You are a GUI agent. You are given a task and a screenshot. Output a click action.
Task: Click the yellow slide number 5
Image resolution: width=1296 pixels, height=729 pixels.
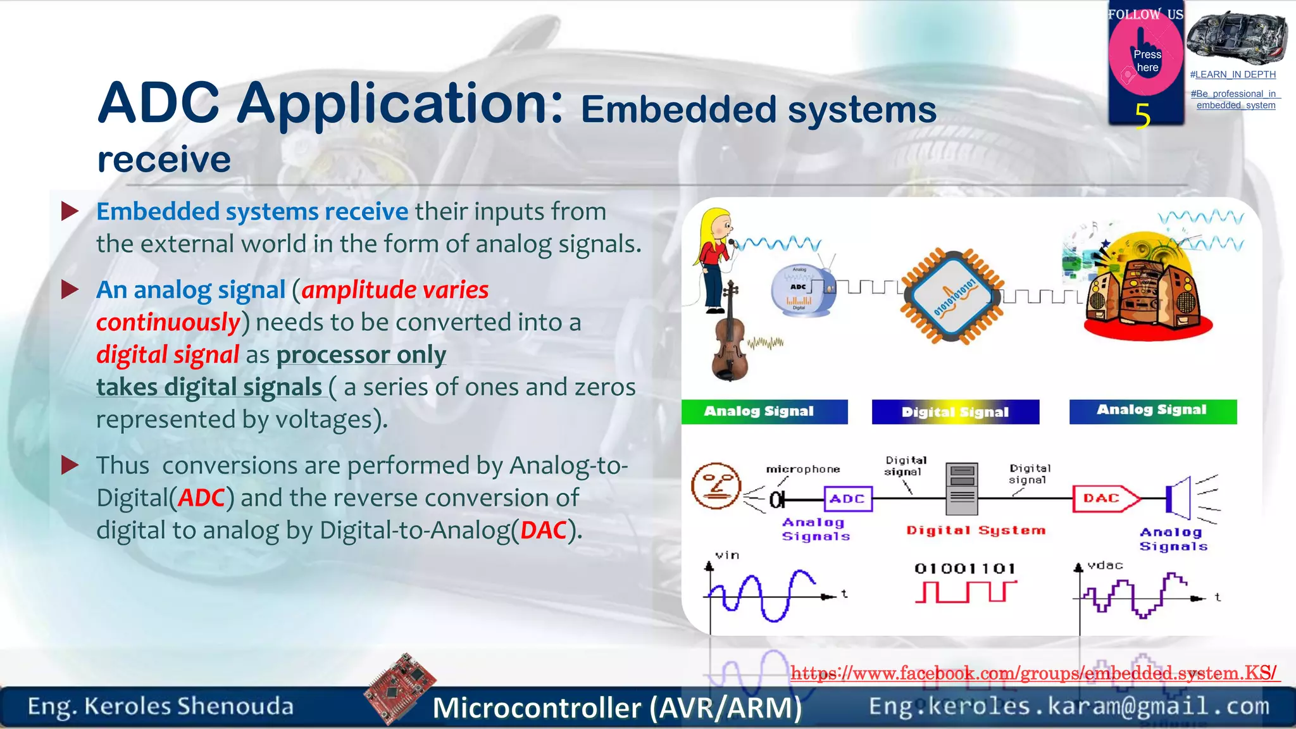(x=1142, y=116)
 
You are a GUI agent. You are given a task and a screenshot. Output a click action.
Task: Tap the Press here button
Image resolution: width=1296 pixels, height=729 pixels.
(x=1146, y=61)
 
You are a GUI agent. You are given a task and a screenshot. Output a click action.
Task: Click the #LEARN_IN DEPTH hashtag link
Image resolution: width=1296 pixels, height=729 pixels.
(x=1233, y=75)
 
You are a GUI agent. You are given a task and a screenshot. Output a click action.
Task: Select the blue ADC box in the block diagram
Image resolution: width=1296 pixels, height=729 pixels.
(x=847, y=499)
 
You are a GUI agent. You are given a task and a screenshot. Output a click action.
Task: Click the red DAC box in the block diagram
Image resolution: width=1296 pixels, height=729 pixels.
(x=1102, y=499)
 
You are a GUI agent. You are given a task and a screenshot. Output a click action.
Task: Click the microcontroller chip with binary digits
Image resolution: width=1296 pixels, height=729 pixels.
(x=953, y=296)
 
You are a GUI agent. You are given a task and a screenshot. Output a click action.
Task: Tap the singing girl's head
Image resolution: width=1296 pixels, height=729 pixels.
(x=718, y=224)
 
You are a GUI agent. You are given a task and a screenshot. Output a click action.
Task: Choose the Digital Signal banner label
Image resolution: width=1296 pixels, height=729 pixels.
(x=955, y=412)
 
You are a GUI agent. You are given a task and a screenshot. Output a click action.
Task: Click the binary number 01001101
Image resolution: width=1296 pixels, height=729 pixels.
(x=964, y=568)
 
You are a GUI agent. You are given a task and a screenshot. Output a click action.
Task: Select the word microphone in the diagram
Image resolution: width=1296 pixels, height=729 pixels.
(x=803, y=469)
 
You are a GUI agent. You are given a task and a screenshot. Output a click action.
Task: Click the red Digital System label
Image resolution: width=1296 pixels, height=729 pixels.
(x=975, y=530)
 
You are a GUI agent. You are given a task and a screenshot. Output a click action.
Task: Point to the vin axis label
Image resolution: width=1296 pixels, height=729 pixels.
(x=727, y=555)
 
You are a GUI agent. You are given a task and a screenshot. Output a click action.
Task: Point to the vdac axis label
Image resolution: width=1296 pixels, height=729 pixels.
(x=1105, y=565)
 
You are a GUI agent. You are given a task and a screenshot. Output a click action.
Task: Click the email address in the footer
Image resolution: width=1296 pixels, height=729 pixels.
(x=1069, y=706)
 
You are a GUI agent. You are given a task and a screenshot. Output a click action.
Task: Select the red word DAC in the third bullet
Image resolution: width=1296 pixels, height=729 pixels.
(x=543, y=530)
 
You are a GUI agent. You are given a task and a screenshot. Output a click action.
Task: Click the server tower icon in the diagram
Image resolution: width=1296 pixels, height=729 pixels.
(x=961, y=489)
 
